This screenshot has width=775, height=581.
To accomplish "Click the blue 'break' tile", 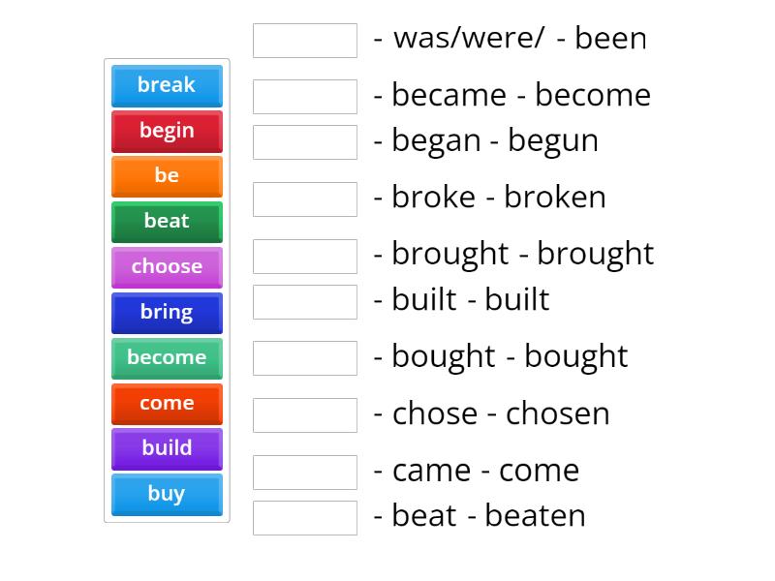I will (167, 85).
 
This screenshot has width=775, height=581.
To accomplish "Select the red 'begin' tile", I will (167, 131).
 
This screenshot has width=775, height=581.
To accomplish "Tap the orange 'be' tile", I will (167, 176).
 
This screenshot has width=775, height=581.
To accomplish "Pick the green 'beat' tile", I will (167, 222).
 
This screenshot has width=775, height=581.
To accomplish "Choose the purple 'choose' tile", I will (167, 267).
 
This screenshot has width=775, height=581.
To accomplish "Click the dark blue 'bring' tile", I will (167, 313).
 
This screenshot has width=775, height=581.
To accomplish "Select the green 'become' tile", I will (167, 358).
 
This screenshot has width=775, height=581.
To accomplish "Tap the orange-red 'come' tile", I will (167, 404).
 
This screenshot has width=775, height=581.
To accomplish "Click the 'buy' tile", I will (167, 495).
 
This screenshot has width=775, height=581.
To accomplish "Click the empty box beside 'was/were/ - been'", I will (305, 41).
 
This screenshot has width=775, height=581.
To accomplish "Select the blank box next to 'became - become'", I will (305, 97).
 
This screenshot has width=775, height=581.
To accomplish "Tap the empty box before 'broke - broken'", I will (305, 199).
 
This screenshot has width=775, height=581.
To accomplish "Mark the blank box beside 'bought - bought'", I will (305, 358).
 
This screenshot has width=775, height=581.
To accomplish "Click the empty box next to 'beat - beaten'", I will (305, 518).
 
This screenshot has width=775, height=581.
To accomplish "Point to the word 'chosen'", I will (558, 414).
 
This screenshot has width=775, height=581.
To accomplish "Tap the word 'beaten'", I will (535, 516).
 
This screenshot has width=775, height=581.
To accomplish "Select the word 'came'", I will (430, 472).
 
